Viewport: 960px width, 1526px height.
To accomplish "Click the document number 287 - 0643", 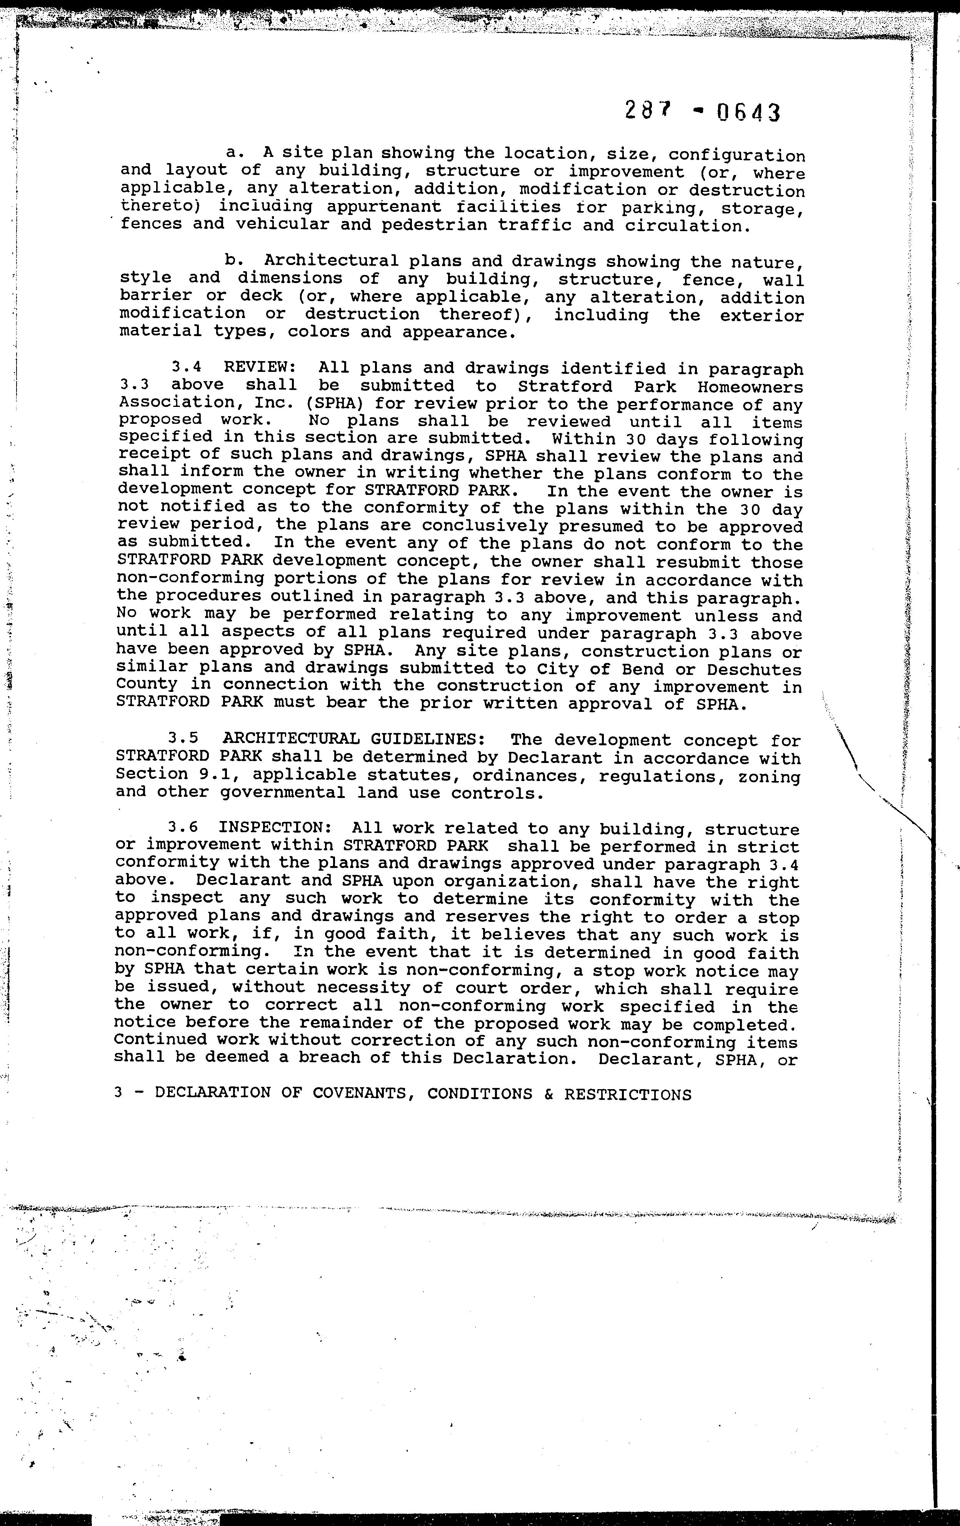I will click(x=702, y=113).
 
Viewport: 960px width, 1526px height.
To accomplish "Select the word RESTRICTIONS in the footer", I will click(x=627, y=1094).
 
